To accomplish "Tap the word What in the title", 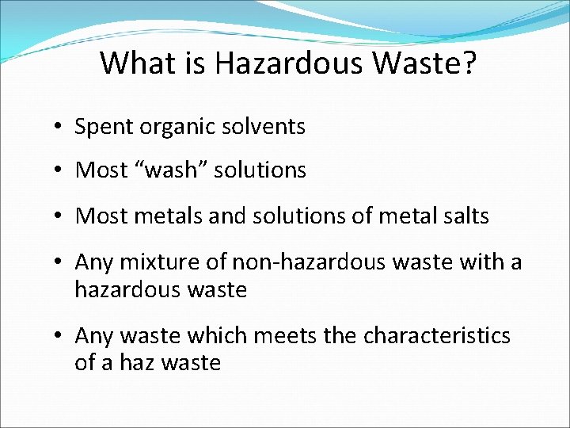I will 134,63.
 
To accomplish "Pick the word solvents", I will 264,126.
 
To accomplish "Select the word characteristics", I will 437,336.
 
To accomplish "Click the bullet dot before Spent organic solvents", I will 59,128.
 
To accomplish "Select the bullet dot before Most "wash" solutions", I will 59,171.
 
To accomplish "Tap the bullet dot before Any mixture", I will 59,262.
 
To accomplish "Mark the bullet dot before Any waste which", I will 59,337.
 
